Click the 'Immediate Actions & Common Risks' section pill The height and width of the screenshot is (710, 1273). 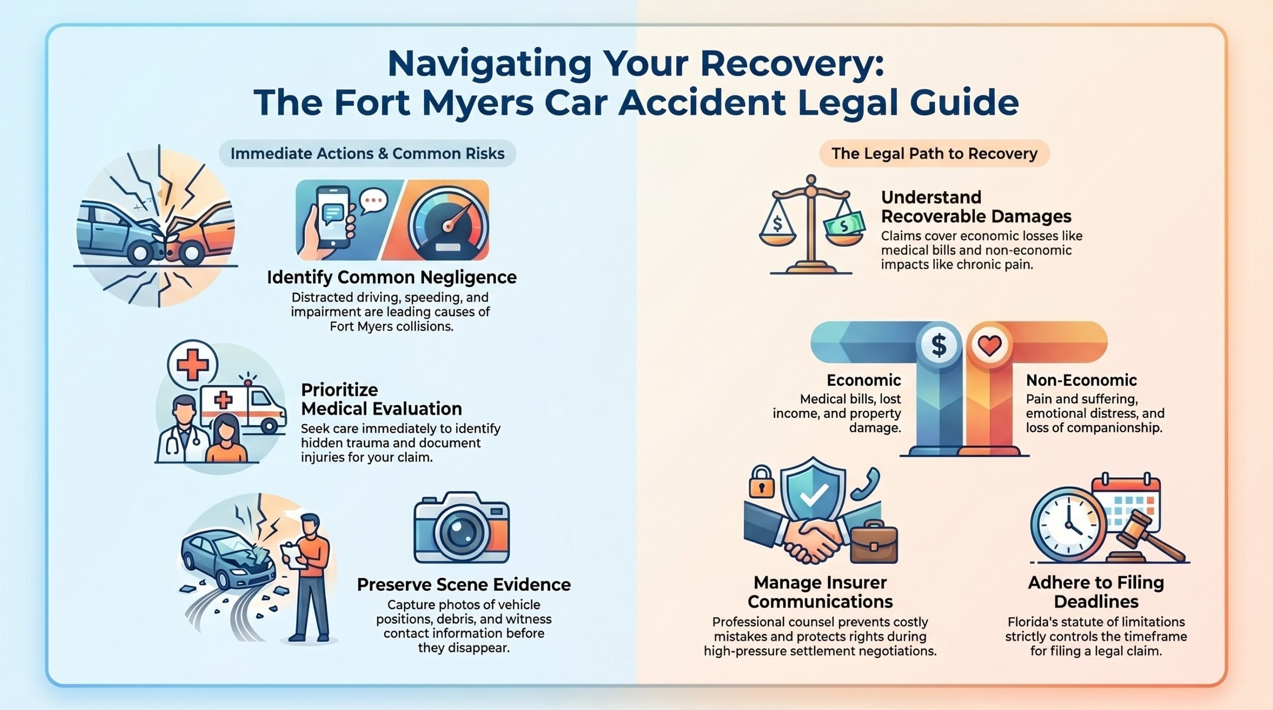[x=367, y=154]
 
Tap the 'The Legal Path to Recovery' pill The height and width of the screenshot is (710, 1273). [x=934, y=154]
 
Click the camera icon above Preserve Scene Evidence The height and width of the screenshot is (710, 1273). [x=461, y=528]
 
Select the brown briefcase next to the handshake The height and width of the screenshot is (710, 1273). [x=874, y=542]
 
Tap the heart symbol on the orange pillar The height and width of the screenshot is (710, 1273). [x=990, y=345]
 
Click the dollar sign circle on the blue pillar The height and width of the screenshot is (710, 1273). [x=939, y=345]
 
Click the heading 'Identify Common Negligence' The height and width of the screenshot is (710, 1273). [x=392, y=277]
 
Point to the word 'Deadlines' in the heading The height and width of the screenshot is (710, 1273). [x=1096, y=602]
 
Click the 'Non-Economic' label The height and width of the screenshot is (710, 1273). [x=1082, y=380]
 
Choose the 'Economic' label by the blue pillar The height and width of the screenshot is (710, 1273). [x=864, y=380]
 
